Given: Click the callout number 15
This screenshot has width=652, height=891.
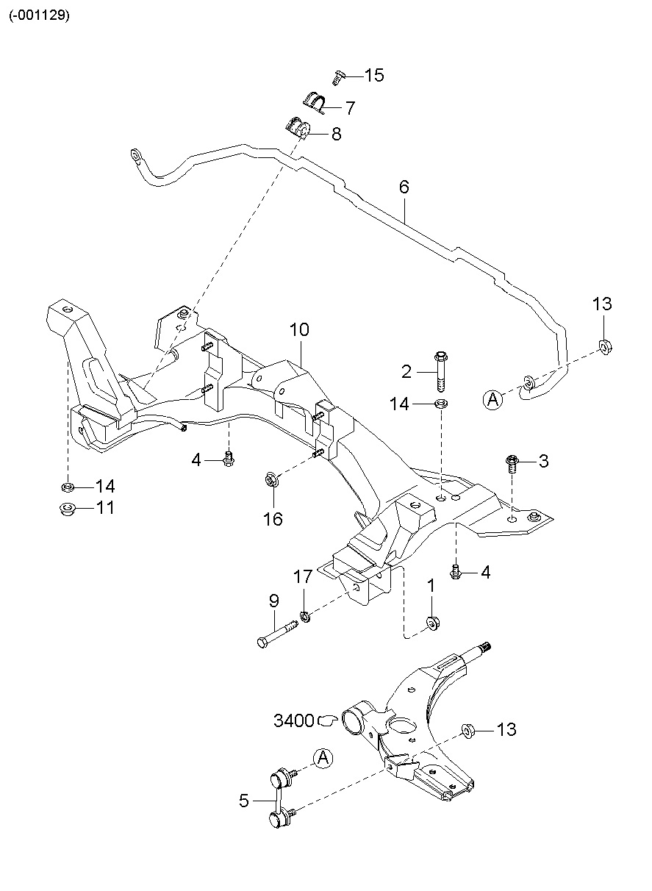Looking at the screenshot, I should pos(373,75).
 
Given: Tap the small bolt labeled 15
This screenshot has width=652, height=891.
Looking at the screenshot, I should pos(338,76).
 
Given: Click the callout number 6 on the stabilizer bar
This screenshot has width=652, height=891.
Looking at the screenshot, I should pos(404,187).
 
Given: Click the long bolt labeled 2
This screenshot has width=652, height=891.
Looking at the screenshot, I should pos(440,373).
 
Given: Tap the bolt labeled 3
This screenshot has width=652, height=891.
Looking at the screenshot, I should pos(513,463).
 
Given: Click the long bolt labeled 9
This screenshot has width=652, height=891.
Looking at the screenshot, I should pos(276,631).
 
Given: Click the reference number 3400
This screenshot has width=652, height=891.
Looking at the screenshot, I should pos(294,720).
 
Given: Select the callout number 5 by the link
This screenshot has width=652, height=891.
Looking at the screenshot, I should pos(245,801).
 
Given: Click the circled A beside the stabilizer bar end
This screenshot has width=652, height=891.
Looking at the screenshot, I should pos(492,400).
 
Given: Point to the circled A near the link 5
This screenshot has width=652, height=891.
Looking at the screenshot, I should pos(322,758).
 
